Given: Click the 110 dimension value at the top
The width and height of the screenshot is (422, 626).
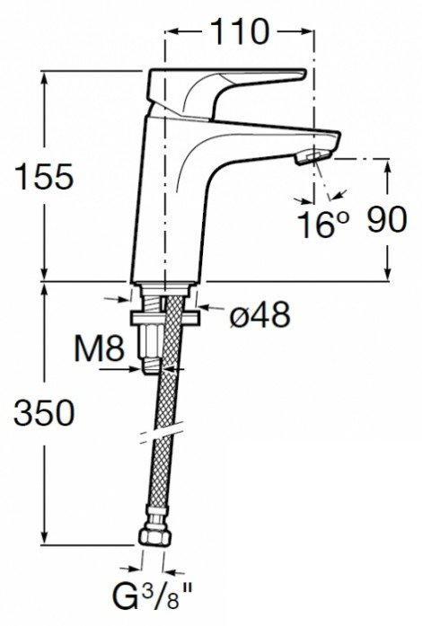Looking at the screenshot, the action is [239, 32].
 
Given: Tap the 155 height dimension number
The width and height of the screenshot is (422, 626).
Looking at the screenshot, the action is [44, 176].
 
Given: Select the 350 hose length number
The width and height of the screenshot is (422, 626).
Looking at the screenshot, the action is [44, 412].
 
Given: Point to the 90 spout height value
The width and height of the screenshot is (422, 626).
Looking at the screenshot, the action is [386, 219].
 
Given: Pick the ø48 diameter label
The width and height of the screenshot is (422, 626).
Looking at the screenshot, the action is [259, 314].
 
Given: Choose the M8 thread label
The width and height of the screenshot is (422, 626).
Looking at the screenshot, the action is [100, 348].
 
